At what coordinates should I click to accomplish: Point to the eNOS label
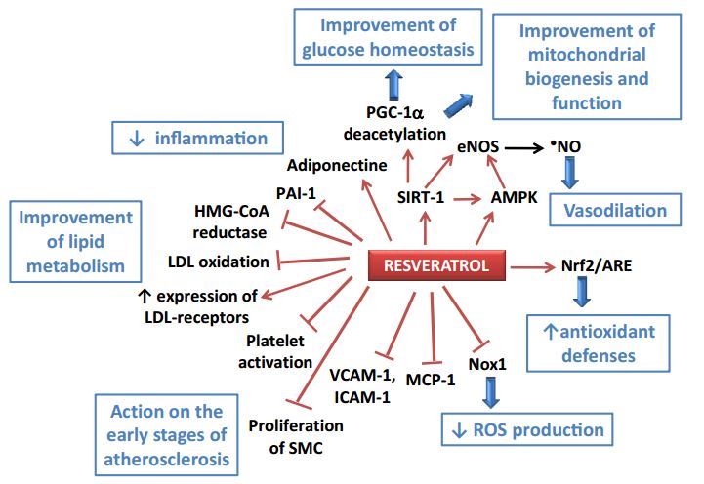[478, 147]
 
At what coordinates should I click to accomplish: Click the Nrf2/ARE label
[595, 265]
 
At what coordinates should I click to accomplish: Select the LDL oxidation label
[220, 262]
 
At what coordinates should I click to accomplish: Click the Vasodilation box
[623, 211]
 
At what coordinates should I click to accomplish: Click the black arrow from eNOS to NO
[536, 147]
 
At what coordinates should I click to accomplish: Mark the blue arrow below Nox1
[489, 392]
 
